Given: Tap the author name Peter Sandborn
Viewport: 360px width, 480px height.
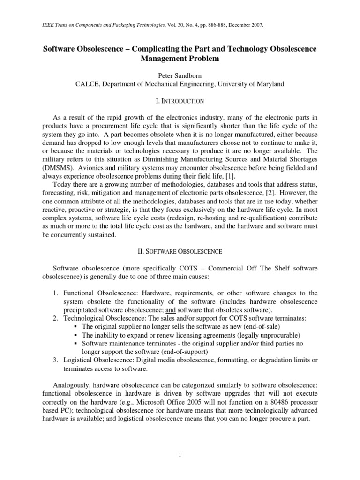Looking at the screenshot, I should pyautogui.click(x=180, y=75).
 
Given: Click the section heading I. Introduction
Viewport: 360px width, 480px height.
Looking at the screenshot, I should pyautogui.click(x=180, y=101).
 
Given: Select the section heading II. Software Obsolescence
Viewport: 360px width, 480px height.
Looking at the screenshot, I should pyautogui.click(x=180, y=251).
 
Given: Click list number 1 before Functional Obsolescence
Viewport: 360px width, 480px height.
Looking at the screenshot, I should pyautogui.click(x=55, y=293).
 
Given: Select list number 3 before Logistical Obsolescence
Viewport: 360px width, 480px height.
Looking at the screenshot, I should pyautogui.click(x=55, y=360).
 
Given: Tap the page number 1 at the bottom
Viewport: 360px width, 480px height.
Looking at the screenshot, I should pyautogui.click(x=180, y=454).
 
